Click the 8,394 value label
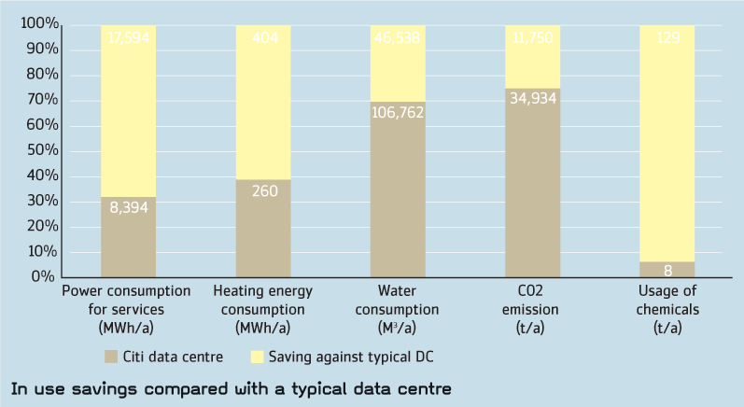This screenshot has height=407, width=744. [128, 209]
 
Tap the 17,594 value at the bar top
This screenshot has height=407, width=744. [128, 38]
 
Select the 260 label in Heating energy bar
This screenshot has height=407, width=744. [263, 191]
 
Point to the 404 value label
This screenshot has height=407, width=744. [263, 38]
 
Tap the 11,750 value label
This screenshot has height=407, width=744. [532, 38]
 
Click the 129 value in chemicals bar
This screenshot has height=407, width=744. [667, 38]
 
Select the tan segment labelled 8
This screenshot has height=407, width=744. [667, 270]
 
